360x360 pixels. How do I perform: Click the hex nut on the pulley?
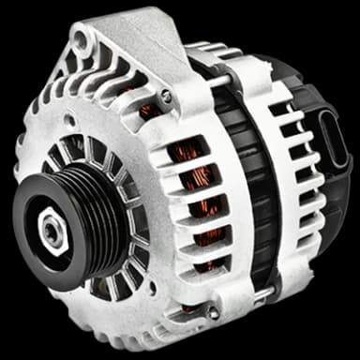52,228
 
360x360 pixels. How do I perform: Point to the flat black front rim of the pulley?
37,258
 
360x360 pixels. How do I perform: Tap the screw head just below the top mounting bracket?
166,95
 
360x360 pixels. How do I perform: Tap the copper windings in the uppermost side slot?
191,150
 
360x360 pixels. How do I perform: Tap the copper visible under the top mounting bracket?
148,111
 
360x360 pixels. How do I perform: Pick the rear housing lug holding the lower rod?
272,291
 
